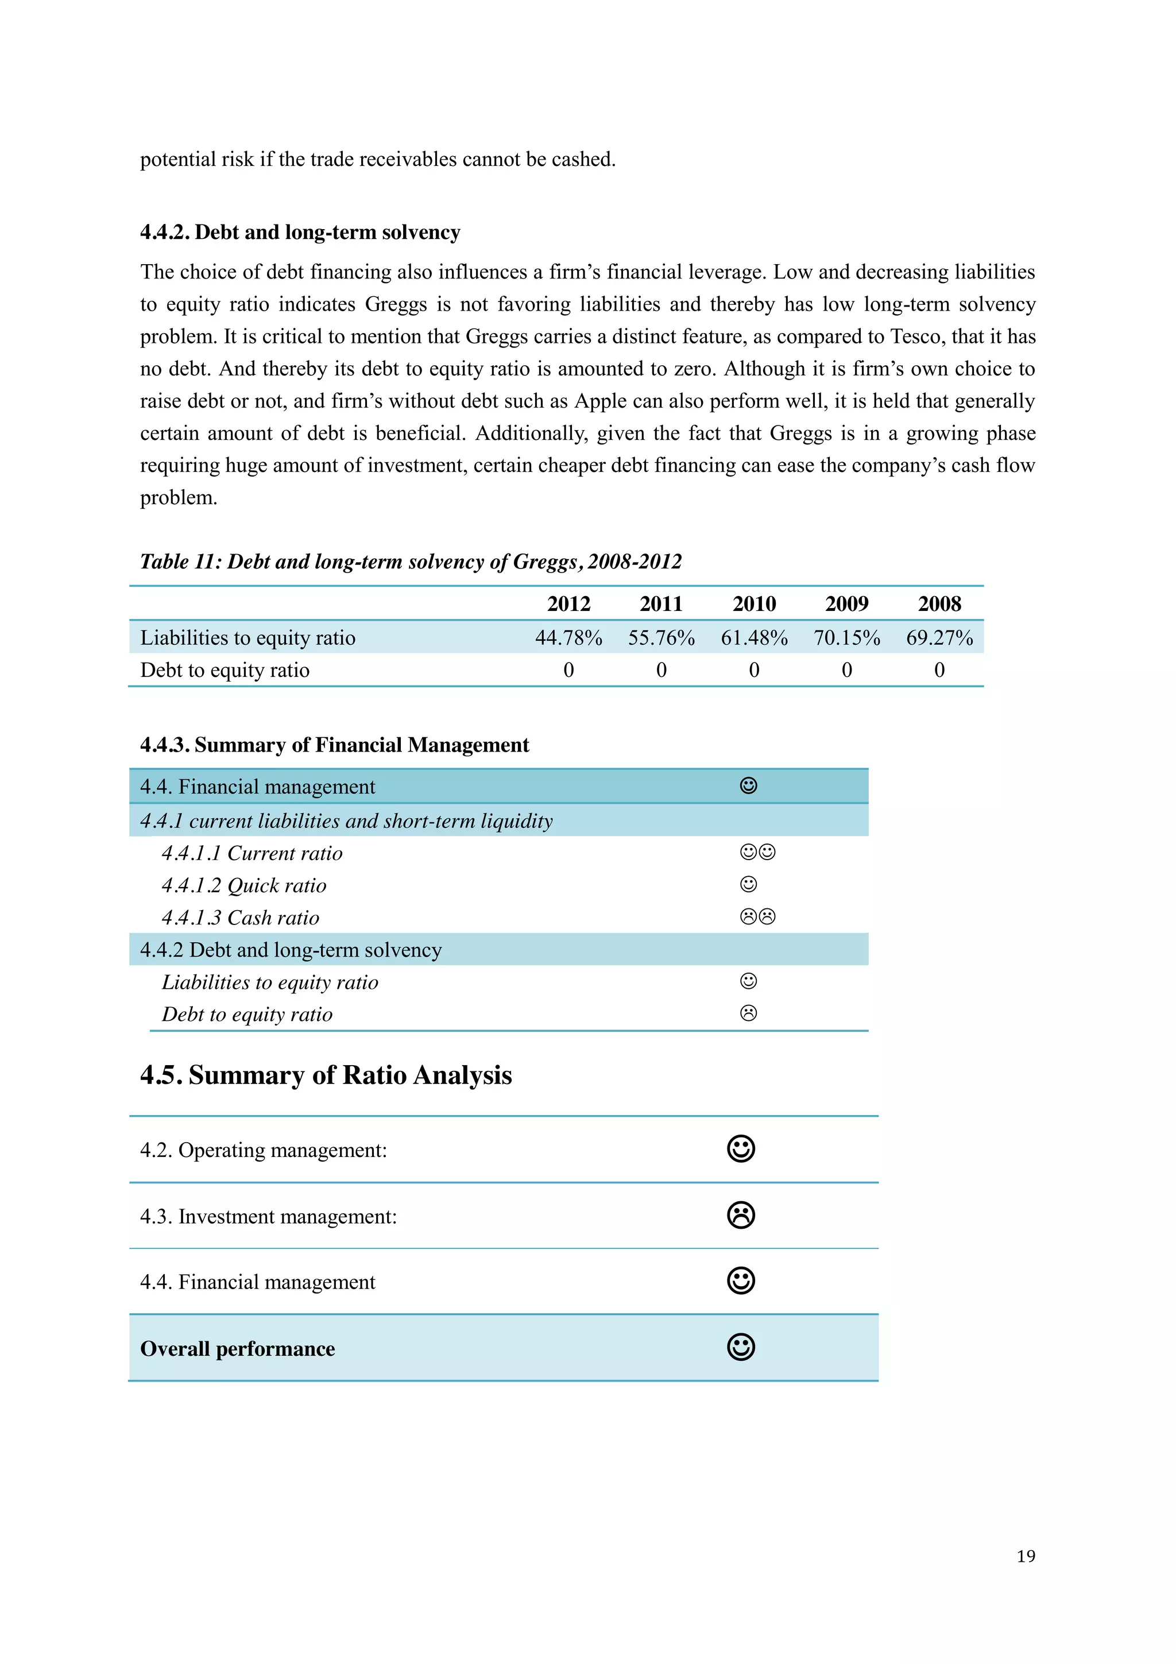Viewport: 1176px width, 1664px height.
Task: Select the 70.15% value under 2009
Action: (x=846, y=638)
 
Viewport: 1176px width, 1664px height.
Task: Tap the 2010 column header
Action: (x=753, y=603)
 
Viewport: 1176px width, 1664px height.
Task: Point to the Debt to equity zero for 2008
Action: (x=939, y=670)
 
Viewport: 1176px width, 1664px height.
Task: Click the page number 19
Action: (x=1026, y=1556)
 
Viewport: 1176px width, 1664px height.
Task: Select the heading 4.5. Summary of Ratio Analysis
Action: (x=326, y=1075)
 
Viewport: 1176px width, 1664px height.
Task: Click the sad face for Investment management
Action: (x=741, y=1216)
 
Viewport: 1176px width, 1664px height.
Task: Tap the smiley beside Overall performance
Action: (x=741, y=1347)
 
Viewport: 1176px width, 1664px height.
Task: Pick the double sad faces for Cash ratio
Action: (x=757, y=917)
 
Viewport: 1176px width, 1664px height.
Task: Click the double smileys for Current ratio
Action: (x=757, y=852)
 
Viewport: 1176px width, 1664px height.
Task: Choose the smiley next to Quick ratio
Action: (x=749, y=884)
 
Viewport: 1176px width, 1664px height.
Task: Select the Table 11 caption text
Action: (x=411, y=562)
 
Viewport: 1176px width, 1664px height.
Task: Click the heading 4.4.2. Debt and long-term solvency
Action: (x=300, y=232)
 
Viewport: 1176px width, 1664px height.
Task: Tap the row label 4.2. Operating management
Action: (x=263, y=1150)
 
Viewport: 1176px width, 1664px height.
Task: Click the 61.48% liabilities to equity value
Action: (x=753, y=638)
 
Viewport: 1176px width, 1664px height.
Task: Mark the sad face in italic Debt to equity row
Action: (x=749, y=1013)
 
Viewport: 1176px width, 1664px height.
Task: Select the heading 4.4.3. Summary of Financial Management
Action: (x=334, y=745)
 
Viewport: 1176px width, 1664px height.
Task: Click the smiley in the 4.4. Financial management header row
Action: (x=749, y=785)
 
